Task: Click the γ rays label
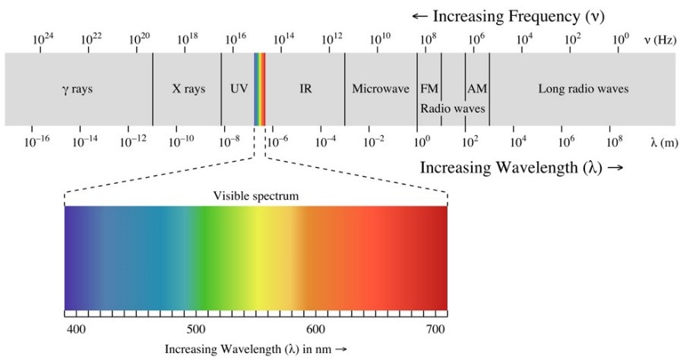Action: pyautogui.click(x=77, y=89)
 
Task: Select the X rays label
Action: pyautogui.click(x=188, y=89)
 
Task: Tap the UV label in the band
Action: pyautogui.click(x=239, y=89)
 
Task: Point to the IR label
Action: pyautogui.click(x=305, y=89)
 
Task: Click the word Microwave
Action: pyautogui.click(x=381, y=89)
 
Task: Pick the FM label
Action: pyautogui.click(x=429, y=89)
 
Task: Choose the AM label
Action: pyautogui.click(x=477, y=89)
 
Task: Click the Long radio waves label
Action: pyautogui.click(x=584, y=89)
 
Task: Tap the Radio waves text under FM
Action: pyautogui.click(x=453, y=109)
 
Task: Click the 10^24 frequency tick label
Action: pyautogui.click(x=44, y=38)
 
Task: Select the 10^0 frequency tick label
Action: pyautogui.click(x=621, y=38)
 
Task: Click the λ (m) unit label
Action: pyautogui.click(x=659, y=141)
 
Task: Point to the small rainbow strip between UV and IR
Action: pyautogui.click(x=259, y=89)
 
